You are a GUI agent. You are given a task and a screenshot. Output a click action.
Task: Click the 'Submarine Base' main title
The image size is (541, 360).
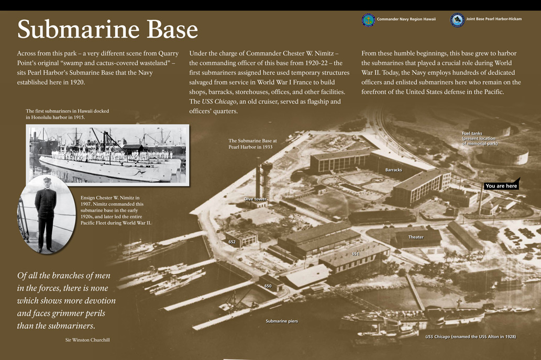pos(107,30)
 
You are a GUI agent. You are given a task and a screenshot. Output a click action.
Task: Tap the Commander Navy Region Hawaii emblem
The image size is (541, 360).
pos(368,20)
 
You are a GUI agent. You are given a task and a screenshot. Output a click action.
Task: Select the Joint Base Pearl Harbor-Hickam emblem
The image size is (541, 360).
pos(457,20)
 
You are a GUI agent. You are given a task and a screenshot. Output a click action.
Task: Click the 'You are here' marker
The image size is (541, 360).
pos(501,186)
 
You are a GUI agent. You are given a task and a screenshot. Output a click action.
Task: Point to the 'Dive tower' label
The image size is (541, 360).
pos(255,199)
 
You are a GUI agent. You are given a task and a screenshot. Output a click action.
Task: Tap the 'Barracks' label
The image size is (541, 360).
pos(393,170)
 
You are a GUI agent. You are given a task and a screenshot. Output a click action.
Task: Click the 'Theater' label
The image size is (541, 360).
pos(416,237)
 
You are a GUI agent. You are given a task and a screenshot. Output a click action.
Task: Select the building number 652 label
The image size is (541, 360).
pos(232,242)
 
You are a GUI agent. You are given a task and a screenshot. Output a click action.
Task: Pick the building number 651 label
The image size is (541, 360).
pos(356,254)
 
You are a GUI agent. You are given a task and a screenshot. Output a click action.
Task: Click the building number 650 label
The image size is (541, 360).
pos(268,286)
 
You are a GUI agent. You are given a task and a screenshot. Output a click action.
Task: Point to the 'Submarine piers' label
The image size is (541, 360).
pos(282,321)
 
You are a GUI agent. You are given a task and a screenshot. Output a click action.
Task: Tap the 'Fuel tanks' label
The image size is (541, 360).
pos(479,138)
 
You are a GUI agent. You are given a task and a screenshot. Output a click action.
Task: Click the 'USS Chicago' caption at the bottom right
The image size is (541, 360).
pos(470,336)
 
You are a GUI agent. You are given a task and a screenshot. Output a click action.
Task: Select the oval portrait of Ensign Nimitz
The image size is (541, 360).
pos(46,215)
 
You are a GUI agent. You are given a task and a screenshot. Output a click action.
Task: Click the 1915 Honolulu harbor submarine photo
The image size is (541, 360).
pos(107,154)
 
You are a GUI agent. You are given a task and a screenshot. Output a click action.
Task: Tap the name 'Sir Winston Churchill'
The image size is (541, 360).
pos(84,340)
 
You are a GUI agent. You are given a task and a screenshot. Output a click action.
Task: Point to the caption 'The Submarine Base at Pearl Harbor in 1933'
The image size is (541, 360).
pos(252,144)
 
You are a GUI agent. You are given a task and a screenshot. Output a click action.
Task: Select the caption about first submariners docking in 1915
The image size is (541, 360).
pos(67,114)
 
